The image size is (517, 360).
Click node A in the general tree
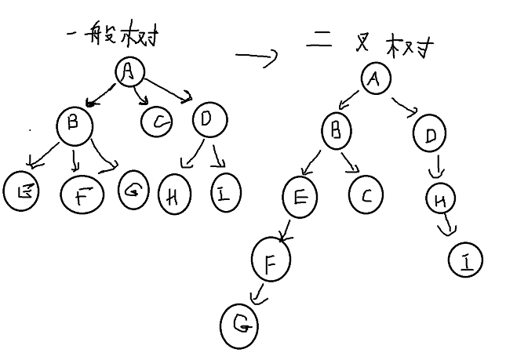[x=130, y=72]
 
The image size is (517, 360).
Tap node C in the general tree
[x=158, y=122]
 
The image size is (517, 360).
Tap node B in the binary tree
[x=336, y=131]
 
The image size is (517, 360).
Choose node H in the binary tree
[x=441, y=200]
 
